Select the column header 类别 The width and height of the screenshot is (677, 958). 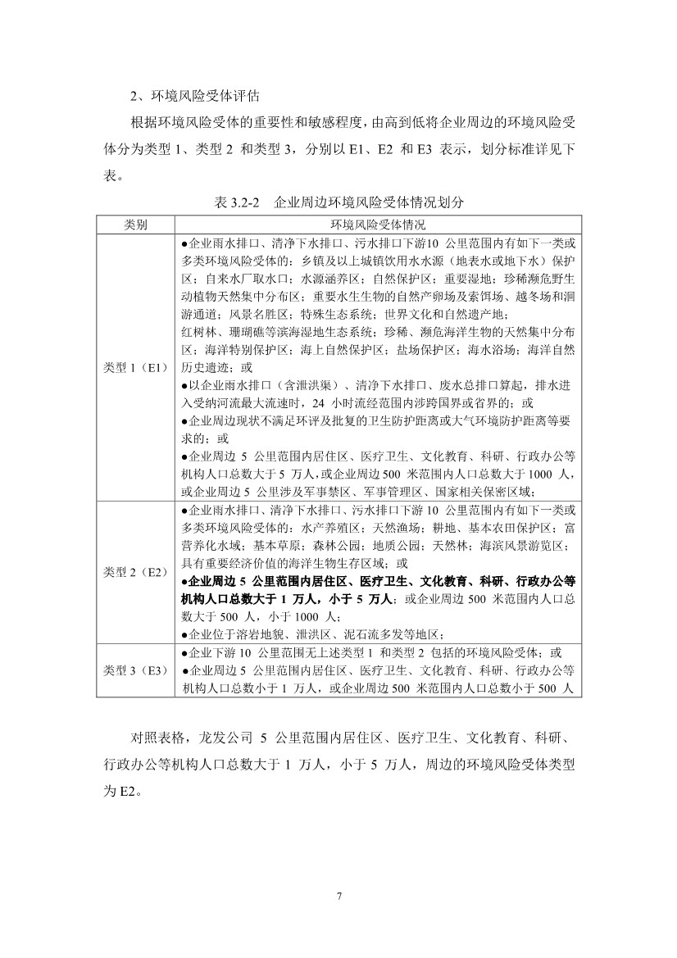pos(136,224)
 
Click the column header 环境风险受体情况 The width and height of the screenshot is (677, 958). pos(378,224)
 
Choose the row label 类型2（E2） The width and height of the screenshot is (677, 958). pos(136,572)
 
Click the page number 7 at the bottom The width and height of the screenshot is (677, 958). pos(338,894)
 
